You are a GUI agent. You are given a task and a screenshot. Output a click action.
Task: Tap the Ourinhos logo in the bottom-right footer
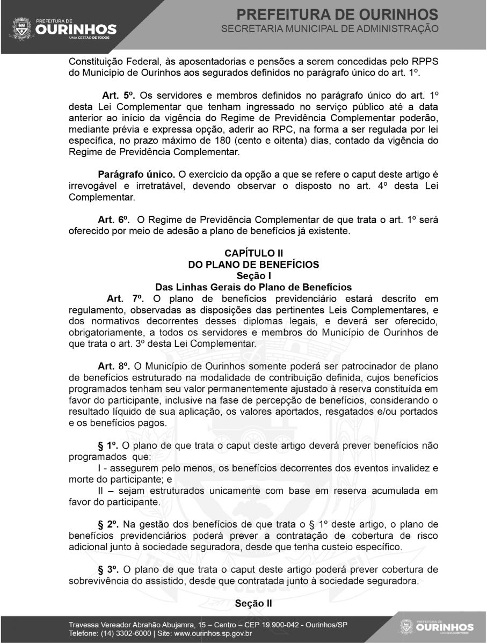(437, 627)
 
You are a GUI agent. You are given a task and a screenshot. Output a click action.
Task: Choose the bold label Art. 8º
(114, 366)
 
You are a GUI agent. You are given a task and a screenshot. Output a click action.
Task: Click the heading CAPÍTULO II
(253, 252)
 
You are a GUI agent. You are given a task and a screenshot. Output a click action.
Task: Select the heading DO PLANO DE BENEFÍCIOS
(253, 264)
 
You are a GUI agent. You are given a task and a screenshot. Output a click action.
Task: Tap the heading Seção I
(253, 275)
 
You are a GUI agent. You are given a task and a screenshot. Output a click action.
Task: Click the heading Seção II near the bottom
(253, 603)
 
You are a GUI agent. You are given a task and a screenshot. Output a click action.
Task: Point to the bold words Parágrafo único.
(136, 175)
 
